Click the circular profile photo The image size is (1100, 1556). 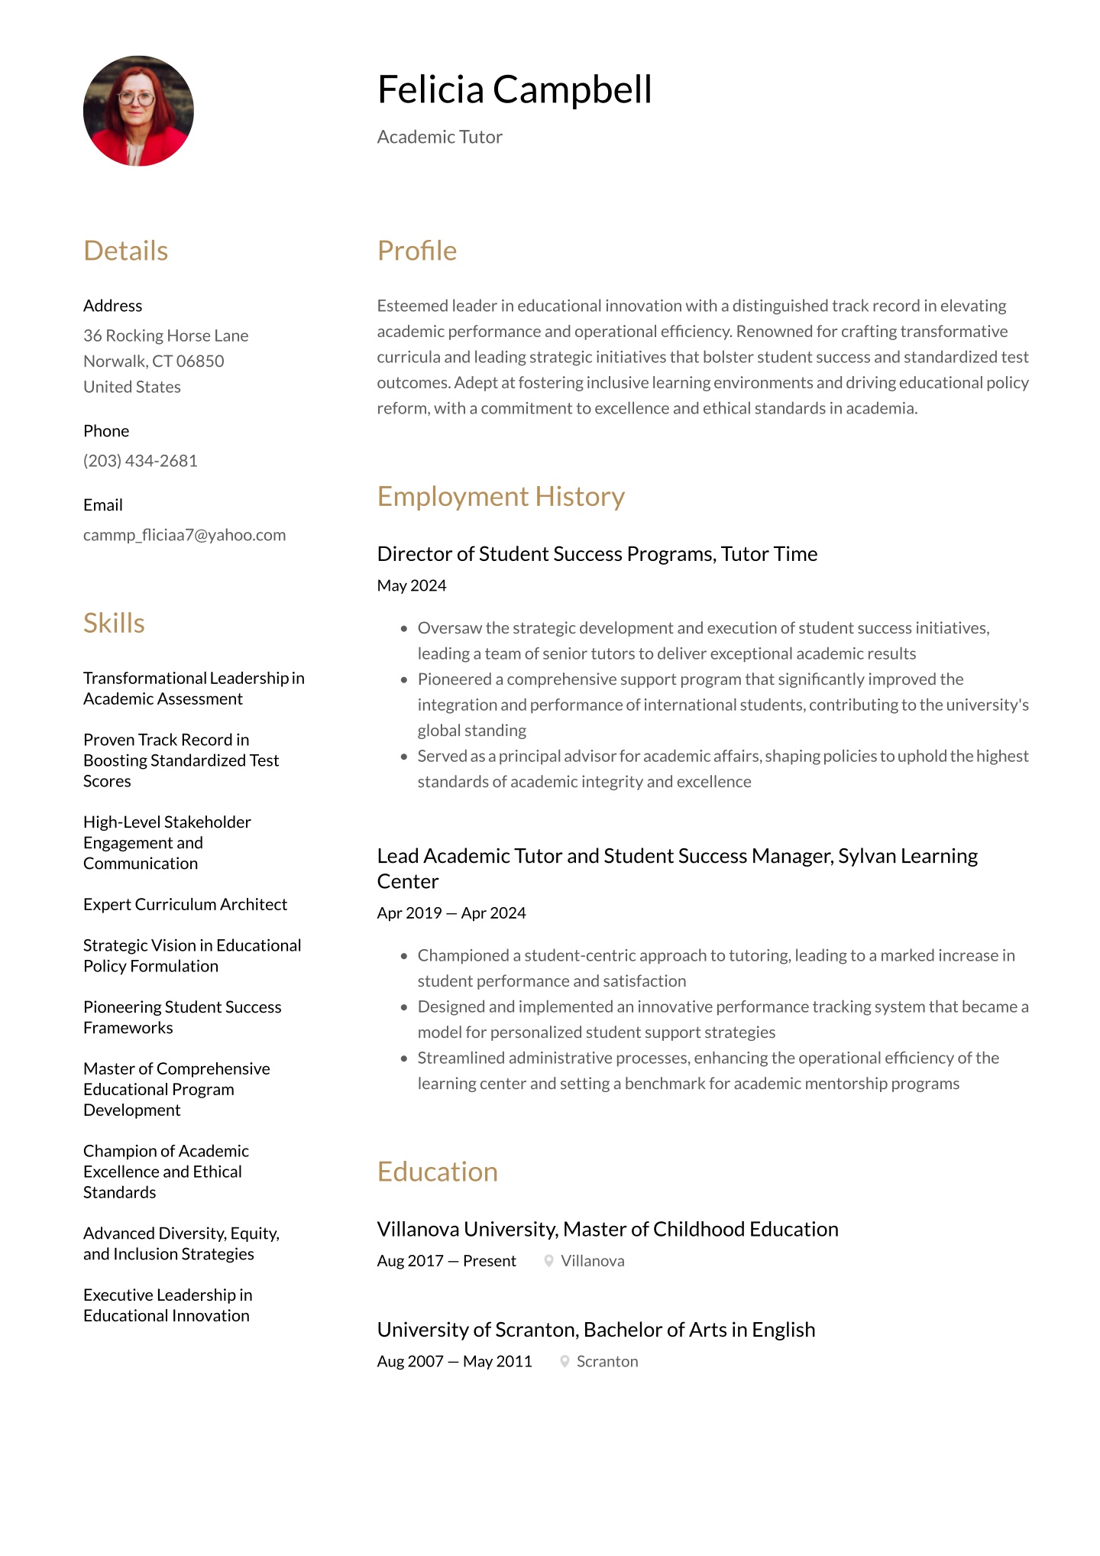[138, 111]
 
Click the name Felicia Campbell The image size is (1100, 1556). [514, 89]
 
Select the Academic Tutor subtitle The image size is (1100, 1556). [439, 137]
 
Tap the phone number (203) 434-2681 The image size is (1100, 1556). [141, 461]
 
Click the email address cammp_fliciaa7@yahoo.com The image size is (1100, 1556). [184, 535]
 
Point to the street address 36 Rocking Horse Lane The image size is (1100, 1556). [166, 336]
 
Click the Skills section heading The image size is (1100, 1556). [114, 623]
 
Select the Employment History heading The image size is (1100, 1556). [500, 497]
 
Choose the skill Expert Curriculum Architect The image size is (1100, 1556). [185, 904]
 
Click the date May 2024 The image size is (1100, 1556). [411, 585]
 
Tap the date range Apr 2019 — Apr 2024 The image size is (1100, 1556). [451, 913]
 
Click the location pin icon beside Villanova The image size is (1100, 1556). [548, 1261]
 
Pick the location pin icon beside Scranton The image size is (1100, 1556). [565, 1362]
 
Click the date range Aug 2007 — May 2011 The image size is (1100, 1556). [454, 1362]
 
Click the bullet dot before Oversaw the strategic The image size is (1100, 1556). [404, 628]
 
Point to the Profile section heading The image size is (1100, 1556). [416, 251]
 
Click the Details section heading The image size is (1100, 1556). [125, 251]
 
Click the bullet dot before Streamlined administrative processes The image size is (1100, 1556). [404, 1058]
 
